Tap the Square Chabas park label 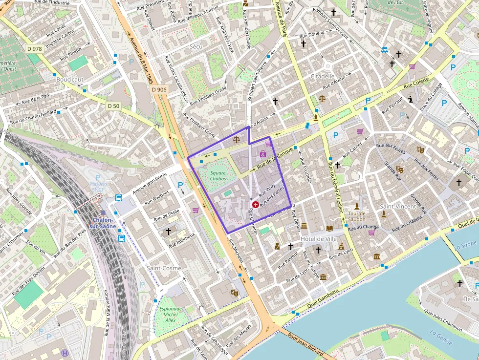(x=218, y=176)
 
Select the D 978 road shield (x=35, y=48)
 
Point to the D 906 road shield (x=159, y=89)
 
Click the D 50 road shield (x=113, y=106)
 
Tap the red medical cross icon (x=255, y=205)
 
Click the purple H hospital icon (x=65, y=352)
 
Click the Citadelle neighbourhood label (x=323, y=76)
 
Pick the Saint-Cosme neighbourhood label (x=164, y=268)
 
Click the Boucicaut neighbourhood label (x=70, y=79)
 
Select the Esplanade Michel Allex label (x=170, y=314)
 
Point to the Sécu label (x=196, y=46)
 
